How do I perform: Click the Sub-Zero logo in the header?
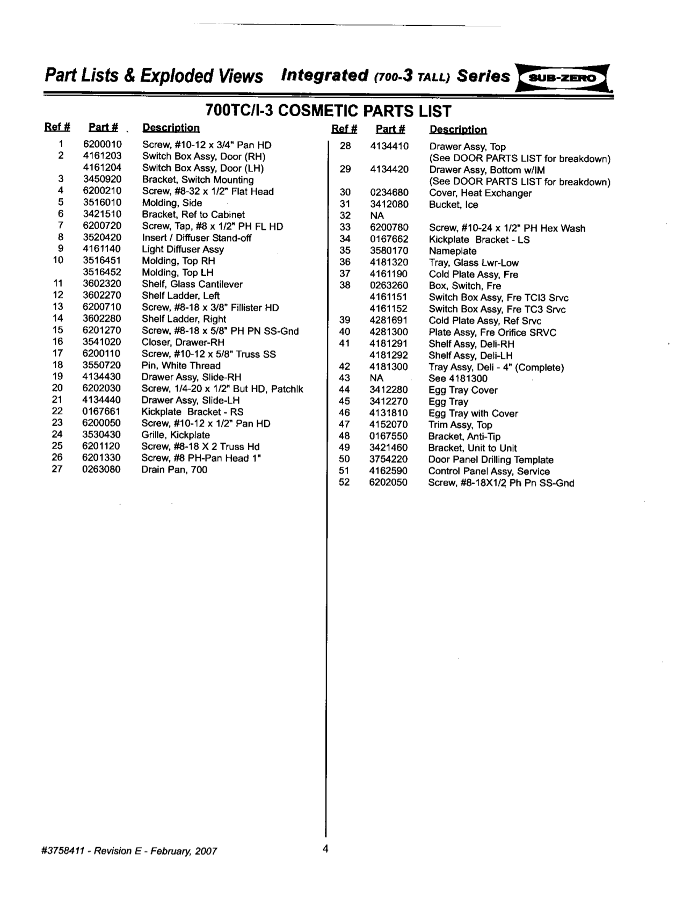click(562, 77)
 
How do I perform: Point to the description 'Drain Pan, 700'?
click(174, 470)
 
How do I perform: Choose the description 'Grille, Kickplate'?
click(176, 435)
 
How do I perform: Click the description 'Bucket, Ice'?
click(453, 205)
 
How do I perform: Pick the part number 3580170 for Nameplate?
click(389, 251)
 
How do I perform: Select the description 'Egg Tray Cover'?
click(463, 391)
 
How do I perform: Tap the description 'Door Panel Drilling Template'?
click(491, 460)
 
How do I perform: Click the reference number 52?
click(344, 482)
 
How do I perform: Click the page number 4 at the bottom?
click(325, 849)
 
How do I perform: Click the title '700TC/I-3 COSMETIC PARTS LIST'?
click(328, 111)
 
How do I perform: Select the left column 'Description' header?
click(171, 128)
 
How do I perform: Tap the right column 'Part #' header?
click(390, 129)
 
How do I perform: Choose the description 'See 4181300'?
click(458, 379)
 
